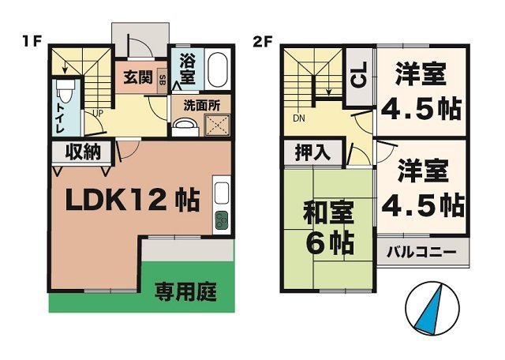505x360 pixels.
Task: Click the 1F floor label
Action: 31,40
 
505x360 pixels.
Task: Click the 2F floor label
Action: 263,40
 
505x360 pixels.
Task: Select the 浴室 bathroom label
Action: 187,69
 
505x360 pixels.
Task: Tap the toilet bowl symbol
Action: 68,93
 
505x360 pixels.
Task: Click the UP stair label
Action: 97,112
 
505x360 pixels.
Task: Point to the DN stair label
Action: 298,118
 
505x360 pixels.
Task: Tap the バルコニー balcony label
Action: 427,254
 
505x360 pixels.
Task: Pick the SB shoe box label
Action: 163,79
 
